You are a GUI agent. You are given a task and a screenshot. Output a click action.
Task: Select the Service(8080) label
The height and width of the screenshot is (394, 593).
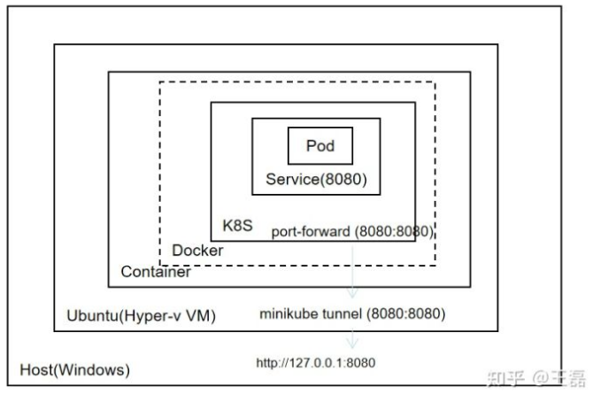316,180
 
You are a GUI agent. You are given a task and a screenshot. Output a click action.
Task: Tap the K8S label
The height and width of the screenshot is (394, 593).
237,226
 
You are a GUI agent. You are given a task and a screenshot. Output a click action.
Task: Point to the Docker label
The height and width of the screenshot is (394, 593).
197,251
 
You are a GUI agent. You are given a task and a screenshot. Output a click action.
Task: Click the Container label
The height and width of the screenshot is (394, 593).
156,272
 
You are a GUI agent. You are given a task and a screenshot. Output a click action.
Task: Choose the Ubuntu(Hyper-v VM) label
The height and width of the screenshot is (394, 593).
141,316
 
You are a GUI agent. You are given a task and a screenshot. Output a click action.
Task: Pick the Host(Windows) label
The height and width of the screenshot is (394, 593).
74,368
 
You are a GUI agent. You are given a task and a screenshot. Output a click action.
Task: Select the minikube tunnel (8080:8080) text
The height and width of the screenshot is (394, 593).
352,314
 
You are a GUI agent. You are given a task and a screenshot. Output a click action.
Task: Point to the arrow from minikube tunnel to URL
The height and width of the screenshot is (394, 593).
353,337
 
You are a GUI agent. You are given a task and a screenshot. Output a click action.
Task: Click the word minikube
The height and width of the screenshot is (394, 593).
288,314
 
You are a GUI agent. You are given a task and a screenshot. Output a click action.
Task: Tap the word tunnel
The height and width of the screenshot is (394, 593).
337,314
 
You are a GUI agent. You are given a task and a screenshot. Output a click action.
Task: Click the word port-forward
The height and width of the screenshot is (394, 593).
309,231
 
